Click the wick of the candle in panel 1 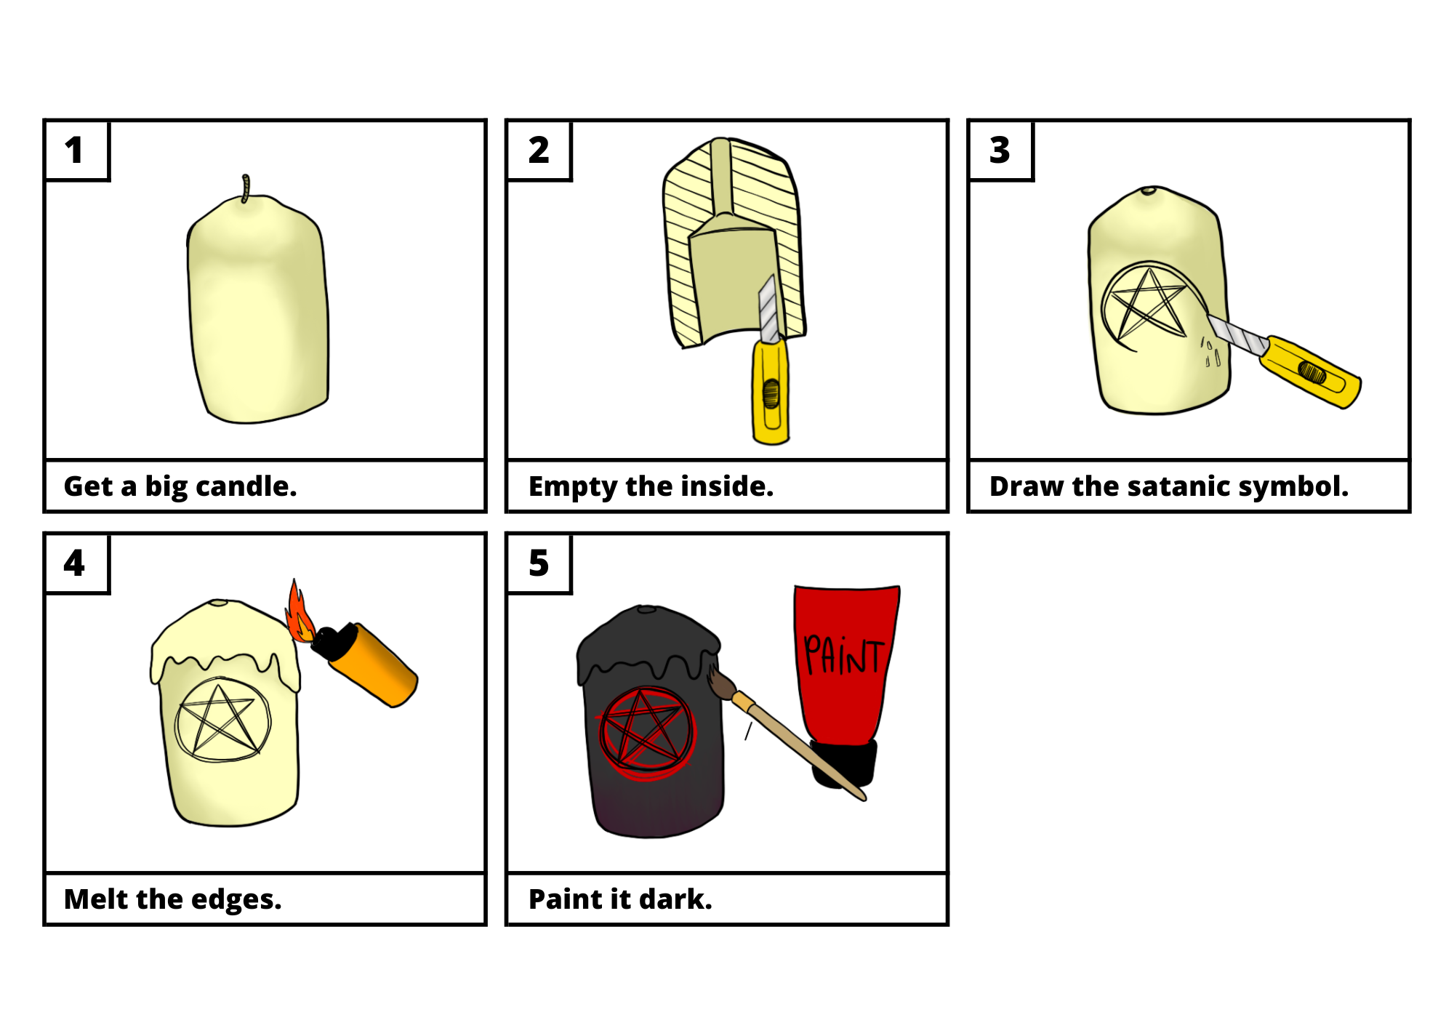246,188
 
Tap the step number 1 74,150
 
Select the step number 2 539,150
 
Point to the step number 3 1000,150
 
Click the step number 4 74,563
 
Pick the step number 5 539,563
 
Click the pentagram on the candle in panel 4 222,720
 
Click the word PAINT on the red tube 843,654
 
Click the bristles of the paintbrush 721,683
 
